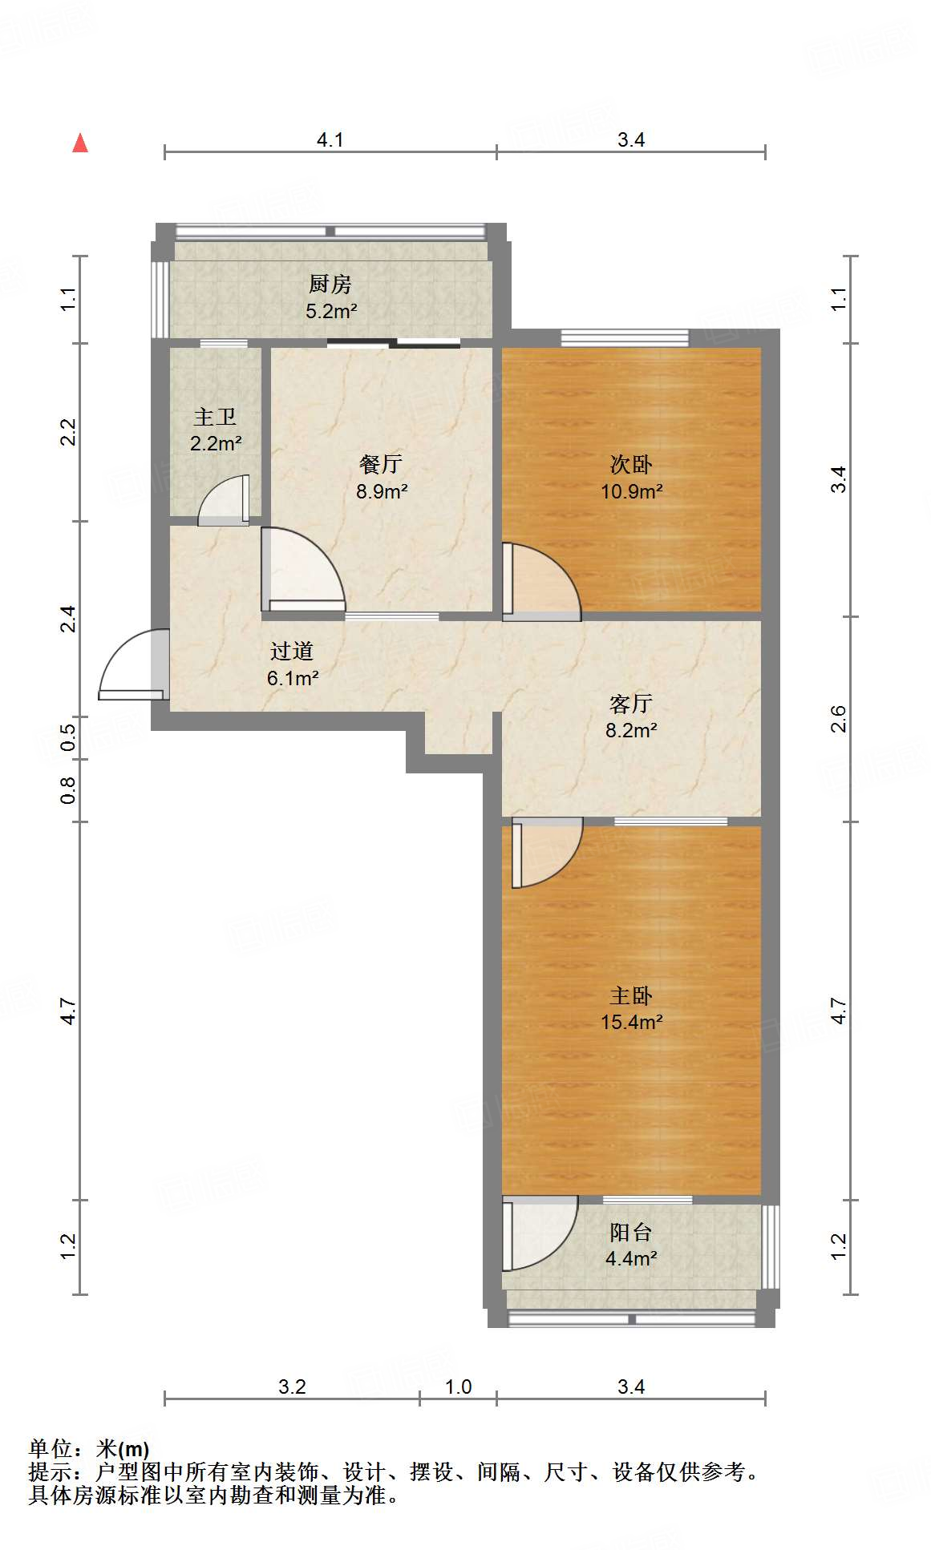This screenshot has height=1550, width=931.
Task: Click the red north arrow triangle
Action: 80,143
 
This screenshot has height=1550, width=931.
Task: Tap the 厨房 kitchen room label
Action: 330,284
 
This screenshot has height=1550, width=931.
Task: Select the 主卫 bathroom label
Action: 215,417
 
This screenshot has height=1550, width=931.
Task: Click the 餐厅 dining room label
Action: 381,464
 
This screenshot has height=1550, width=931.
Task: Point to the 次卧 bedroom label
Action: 631,464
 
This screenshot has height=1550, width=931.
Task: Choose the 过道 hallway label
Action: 292,651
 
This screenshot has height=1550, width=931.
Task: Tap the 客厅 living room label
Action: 631,704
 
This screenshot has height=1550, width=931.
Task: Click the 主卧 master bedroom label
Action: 631,995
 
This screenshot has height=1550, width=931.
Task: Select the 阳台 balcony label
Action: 631,1232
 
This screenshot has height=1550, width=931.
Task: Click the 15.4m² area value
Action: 632,1022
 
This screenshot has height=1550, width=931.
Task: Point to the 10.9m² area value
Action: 632,490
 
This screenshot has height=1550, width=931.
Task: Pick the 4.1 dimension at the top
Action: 330,140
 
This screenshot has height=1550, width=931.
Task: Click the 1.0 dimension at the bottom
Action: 458,1387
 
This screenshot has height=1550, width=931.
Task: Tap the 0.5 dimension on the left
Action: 69,737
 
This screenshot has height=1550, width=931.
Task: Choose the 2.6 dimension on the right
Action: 839,718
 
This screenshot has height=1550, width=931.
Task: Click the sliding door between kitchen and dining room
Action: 394,344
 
